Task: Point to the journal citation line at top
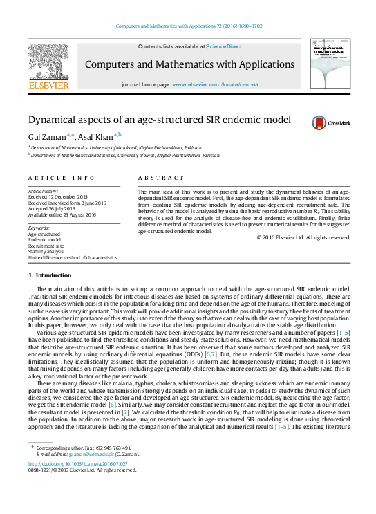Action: point(188,25)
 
